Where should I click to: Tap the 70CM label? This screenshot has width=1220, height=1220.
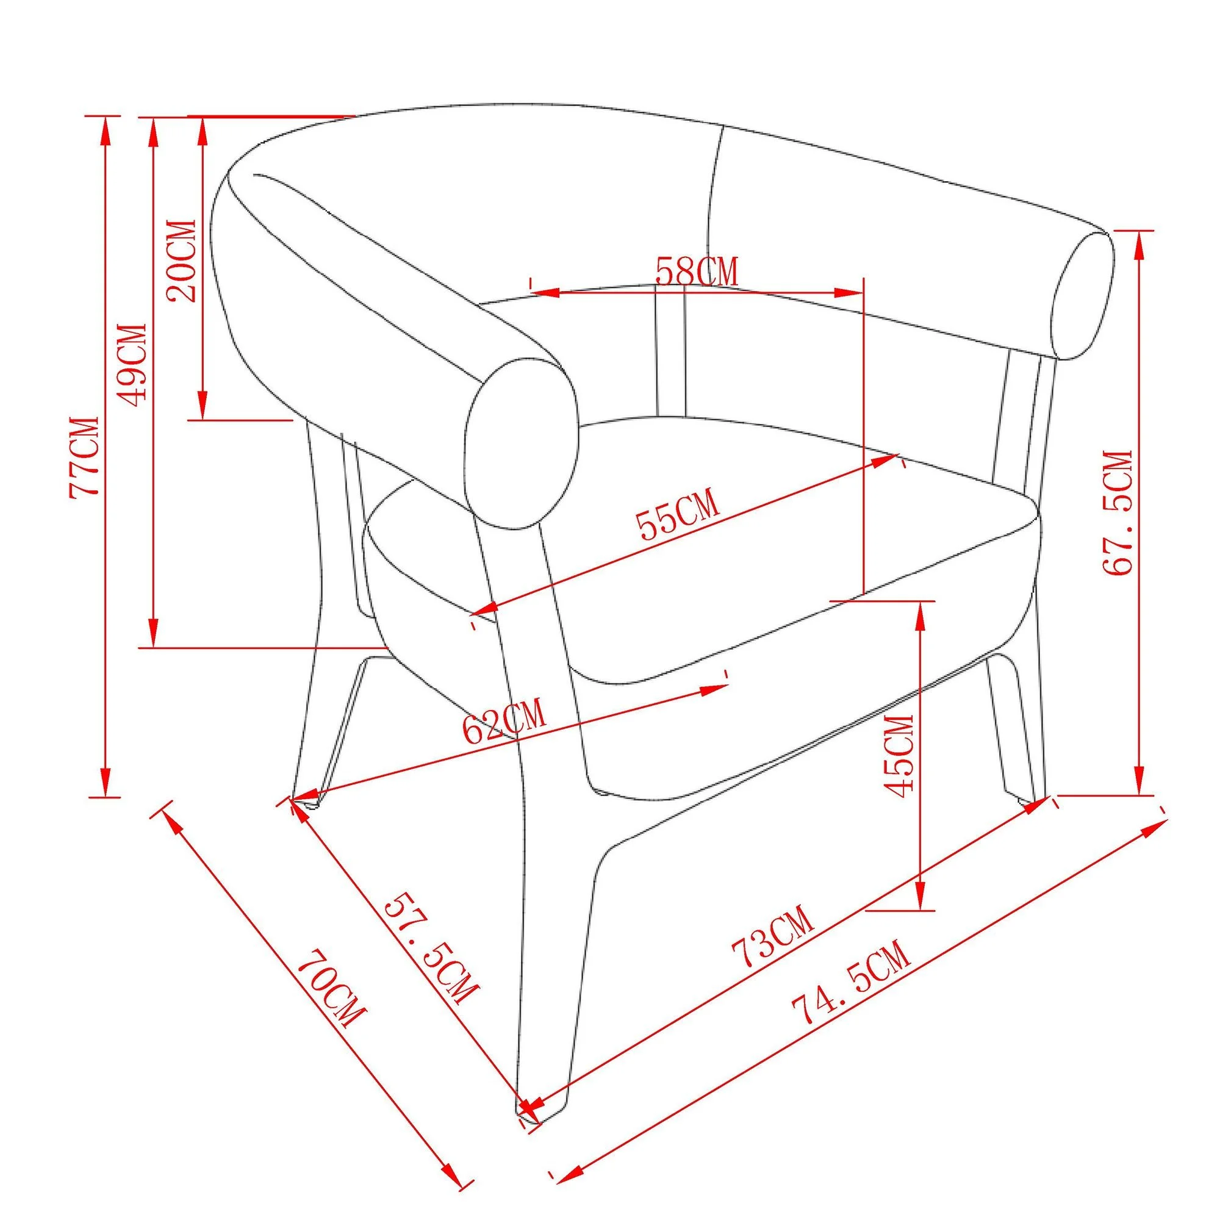331,998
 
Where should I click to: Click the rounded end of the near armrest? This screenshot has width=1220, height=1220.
523,444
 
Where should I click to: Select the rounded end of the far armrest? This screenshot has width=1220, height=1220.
1082,296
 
